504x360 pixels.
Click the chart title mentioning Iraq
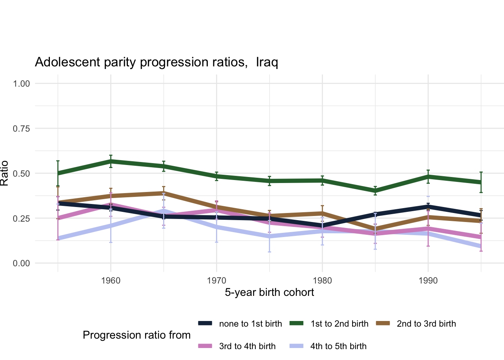tap(156, 62)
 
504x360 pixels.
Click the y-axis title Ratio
tap(4, 173)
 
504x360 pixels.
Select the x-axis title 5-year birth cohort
tap(269, 292)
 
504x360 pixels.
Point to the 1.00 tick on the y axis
tap(21, 84)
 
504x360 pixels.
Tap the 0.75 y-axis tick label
tap(21, 129)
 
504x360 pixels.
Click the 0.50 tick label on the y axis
tap(21, 174)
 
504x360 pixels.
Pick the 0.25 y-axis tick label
tap(21, 219)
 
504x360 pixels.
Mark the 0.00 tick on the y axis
tap(21, 264)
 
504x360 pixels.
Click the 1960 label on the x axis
tap(111, 281)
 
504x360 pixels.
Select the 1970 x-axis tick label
tap(217, 281)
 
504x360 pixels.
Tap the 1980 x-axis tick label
tap(322, 281)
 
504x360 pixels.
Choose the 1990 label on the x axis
tap(428, 281)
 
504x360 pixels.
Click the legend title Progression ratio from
tap(136, 335)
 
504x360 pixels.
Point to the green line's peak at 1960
tap(111, 161)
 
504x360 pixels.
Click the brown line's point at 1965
tap(164, 193)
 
